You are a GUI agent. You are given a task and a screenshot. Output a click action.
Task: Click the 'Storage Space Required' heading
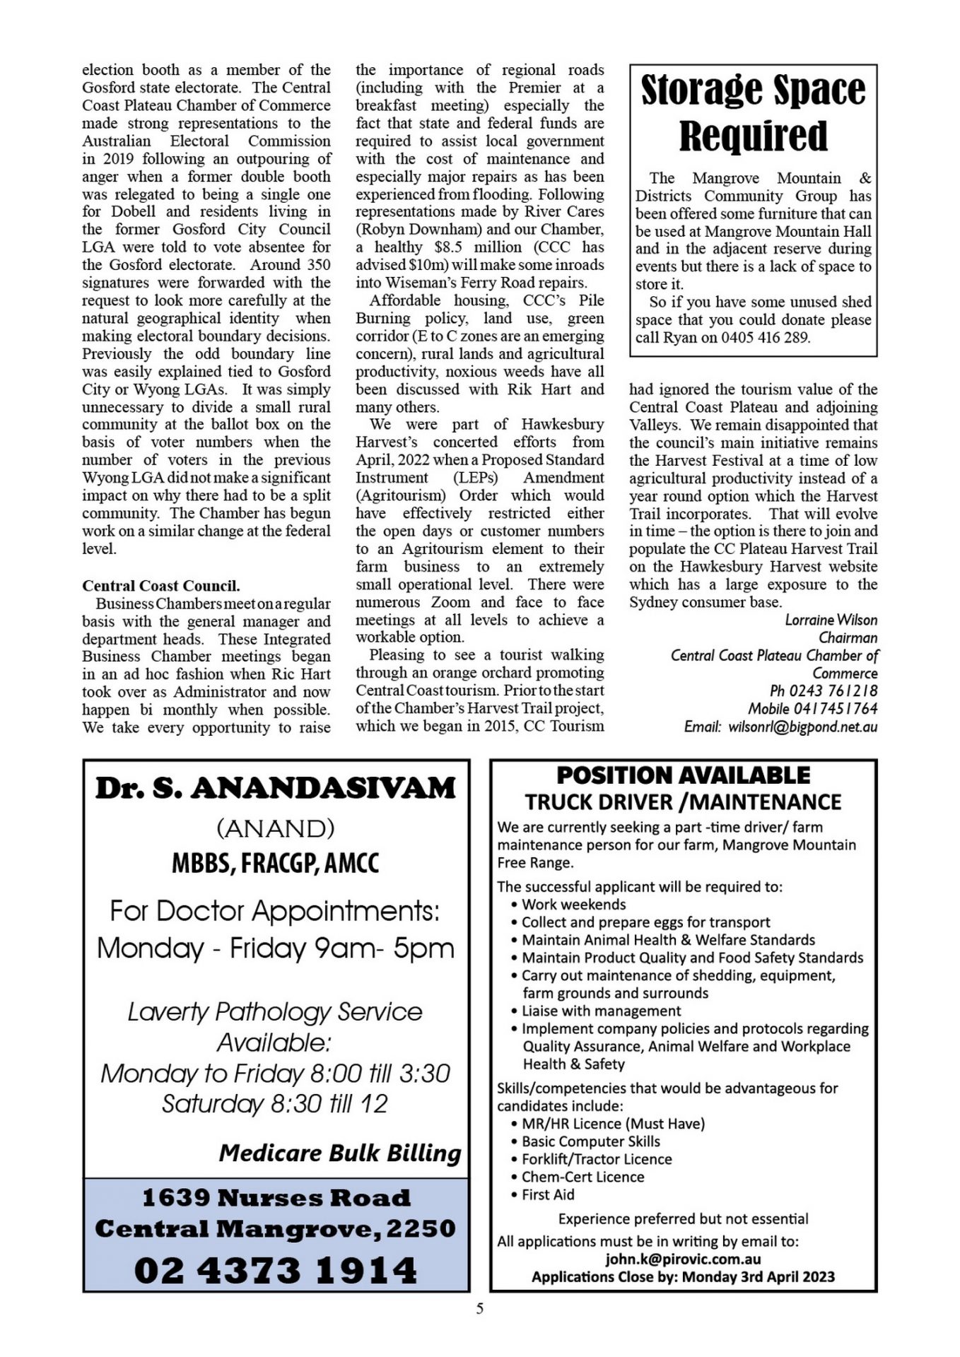753,113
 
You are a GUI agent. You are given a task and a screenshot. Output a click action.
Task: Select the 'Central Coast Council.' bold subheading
161,586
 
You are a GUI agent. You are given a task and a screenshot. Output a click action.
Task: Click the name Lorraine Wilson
831,620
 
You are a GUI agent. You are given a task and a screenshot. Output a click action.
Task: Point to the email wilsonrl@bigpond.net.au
802,727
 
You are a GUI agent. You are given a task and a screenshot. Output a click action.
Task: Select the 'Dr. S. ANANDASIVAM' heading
276,788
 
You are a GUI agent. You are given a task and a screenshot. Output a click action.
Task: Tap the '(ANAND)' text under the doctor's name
276,828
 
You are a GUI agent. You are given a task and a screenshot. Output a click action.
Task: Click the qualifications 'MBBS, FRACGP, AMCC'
276,864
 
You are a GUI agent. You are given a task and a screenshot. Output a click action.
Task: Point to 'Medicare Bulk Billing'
340,1153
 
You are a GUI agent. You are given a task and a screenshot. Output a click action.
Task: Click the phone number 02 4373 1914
276,1270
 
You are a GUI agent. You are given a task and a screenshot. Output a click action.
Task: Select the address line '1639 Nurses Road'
276,1198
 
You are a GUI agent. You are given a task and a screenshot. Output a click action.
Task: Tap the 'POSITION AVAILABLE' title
683,775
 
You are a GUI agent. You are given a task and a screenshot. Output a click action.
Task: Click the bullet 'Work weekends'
573,905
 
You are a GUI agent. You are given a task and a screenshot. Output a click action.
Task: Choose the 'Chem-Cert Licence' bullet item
583,1177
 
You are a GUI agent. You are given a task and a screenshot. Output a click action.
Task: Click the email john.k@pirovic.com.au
683,1259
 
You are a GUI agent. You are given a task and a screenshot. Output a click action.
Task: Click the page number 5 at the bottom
480,1308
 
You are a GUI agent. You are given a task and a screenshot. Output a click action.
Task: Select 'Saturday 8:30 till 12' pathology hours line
275,1104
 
